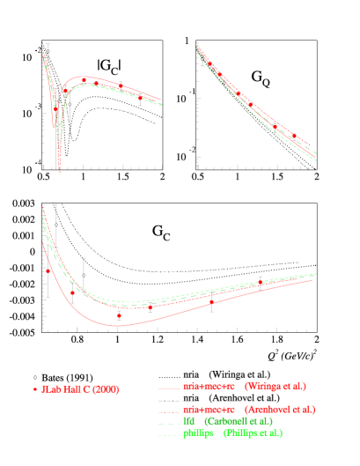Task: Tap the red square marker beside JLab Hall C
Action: coord(35,389)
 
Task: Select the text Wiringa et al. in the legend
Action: coord(275,386)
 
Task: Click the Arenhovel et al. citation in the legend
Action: coord(280,409)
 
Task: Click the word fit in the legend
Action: coord(188,421)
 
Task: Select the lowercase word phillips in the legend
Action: coord(199,433)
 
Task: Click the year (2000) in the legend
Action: coord(105,389)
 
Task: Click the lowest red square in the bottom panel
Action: coord(119,315)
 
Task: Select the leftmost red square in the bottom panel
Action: coord(48,271)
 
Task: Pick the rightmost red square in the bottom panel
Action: coord(261,283)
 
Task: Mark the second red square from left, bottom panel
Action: coord(72,292)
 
